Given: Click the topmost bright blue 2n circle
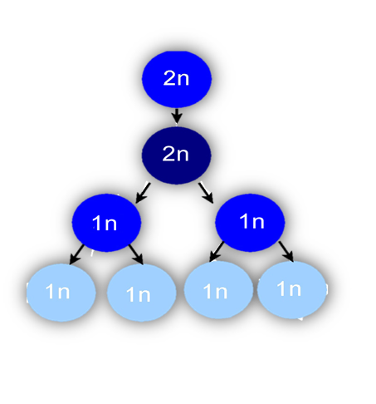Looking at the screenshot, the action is (177, 79).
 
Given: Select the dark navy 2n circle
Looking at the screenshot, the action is (176, 155).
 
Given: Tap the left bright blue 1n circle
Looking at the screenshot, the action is (106, 223).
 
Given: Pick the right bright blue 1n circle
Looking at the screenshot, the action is (250, 223).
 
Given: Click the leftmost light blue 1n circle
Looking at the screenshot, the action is (61, 293).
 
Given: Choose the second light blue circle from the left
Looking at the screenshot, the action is (142, 293).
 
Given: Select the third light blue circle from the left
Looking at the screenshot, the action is (218, 290).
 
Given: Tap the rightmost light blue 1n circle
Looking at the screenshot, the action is (292, 289).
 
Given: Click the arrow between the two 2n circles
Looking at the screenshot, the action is (177, 116).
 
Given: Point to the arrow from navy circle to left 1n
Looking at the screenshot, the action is (143, 193).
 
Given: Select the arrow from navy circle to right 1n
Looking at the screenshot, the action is (206, 192).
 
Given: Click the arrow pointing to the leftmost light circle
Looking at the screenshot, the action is (76, 254).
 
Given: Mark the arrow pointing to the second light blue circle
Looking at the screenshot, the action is (136, 254).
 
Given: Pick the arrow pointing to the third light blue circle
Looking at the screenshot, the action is (217, 251).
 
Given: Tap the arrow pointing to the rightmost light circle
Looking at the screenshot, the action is (286, 251).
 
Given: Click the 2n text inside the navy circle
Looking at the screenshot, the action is (176, 154).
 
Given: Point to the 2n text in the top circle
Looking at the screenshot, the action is (176, 78).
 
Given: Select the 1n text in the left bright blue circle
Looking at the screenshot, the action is (105, 223).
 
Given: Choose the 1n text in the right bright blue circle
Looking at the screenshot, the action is (251, 221).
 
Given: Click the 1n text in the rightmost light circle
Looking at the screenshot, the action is (289, 288).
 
